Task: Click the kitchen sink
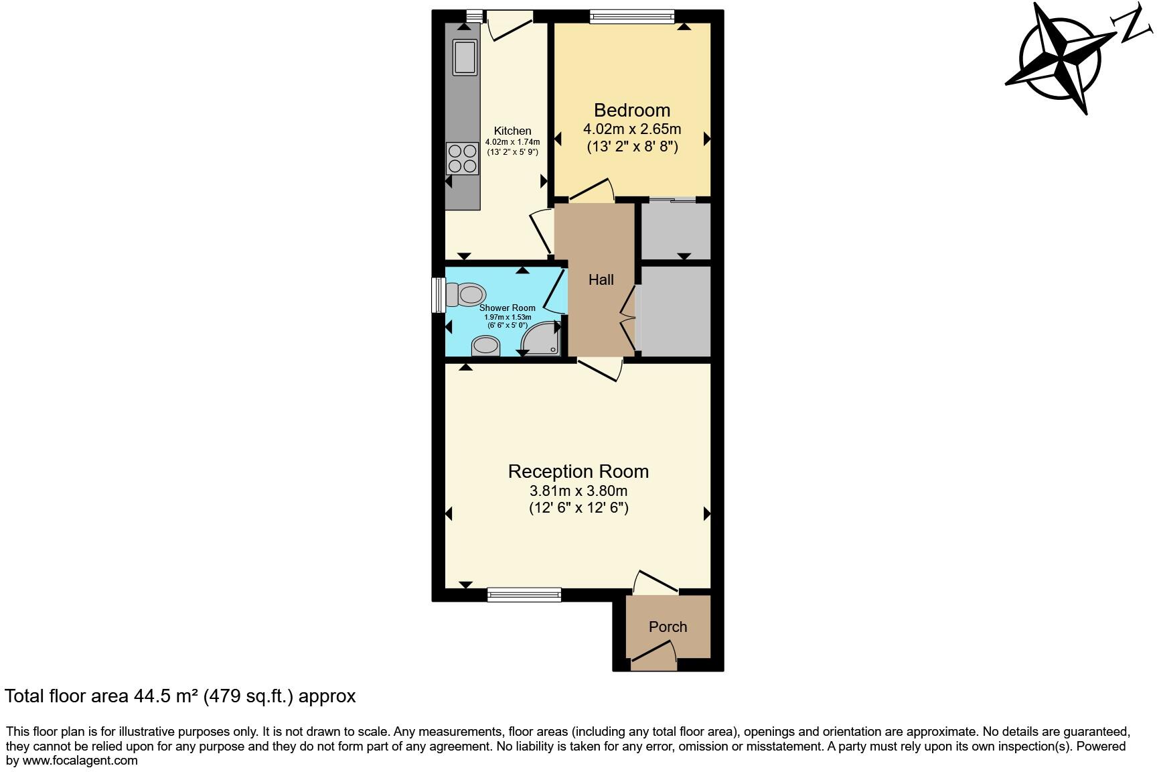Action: [464, 57]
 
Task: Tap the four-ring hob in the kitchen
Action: [463, 159]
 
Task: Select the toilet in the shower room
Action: [466, 294]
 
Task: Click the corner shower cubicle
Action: [542, 339]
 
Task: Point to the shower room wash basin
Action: [486, 346]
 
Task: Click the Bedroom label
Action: [631, 110]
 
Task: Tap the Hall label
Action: [601, 280]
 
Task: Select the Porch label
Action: [668, 627]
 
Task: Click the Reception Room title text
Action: [578, 471]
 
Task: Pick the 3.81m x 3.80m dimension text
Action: [578, 491]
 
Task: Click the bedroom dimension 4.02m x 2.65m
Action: [631, 129]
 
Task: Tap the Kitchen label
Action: [512, 131]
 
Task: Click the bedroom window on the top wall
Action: [631, 17]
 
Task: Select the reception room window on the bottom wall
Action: [524, 594]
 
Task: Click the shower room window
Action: [438, 295]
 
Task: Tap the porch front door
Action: [653, 655]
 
